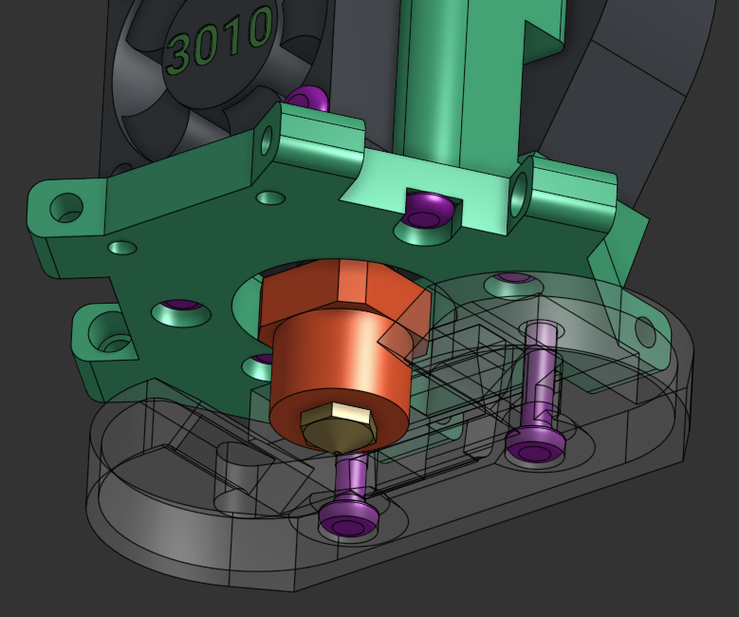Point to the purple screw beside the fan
(x=307, y=98)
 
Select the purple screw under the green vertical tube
(x=426, y=209)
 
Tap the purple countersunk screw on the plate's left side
(x=180, y=308)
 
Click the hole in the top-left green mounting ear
(x=67, y=208)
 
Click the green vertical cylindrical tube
(x=432, y=76)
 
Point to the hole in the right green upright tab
(x=519, y=196)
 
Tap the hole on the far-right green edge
(x=645, y=331)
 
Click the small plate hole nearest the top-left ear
(x=122, y=249)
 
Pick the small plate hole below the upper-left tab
(x=270, y=199)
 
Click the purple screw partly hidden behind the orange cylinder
(x=261, y=361)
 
